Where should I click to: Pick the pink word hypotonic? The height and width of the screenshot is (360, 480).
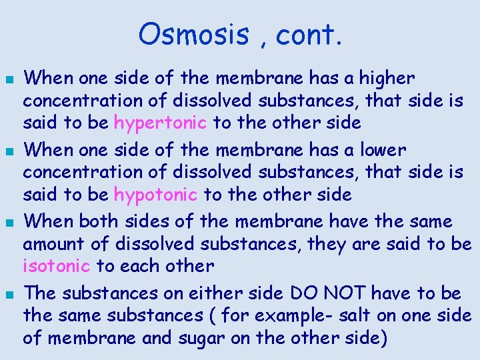156,195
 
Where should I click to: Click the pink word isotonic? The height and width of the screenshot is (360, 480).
57,266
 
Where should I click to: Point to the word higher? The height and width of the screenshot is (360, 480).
387,79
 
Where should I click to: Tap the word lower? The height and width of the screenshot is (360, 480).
383,150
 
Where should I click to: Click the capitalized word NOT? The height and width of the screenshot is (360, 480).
342,293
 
